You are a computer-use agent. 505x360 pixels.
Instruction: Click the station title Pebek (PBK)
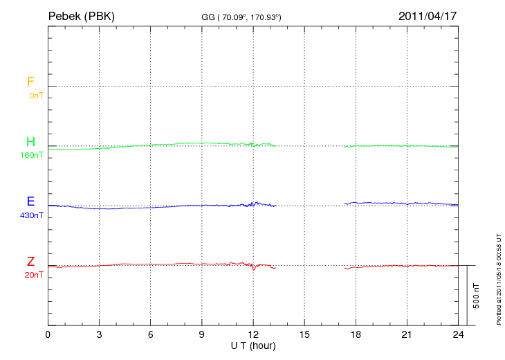pyautogui.click(x=81, y=16)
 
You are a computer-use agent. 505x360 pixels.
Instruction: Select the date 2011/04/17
pyautogui.click(x=428, y=16)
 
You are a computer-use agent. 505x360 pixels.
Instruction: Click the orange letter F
pyautogui.click(x=30, y=82)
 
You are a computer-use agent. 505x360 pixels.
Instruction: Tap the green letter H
pyautogui.click(x=30, y=142)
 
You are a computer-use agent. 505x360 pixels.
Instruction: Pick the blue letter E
pyautogui.click(x=30, y=201)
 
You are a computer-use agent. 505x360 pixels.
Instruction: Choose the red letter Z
pyautogui.click(x=30, y=262)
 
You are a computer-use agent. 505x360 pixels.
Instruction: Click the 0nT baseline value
pyautogui.click(x=35, y=96)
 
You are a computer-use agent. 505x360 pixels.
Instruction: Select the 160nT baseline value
pyautogui.click(x=32, y=155)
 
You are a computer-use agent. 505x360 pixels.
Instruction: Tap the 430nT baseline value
pyautogui.click(x=32, y=215)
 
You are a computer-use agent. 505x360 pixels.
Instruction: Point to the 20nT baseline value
pyautogui.click(x=34, y=275)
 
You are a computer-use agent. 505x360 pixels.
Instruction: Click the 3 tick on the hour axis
pyautogui.click(x=99, y=335)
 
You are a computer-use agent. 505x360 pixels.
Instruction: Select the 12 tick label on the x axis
pyautogui.click(x=253, y=335)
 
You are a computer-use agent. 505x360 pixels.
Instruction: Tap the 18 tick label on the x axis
pyautogui.click(x=356, y=335)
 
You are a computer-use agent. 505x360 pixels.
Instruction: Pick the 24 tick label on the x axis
pyautogui.click(x=458, y=335)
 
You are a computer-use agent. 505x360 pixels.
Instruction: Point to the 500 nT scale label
pyautogui.click(x=476, y=296)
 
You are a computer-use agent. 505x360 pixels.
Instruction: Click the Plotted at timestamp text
pyautogui.click(x=499, y=278)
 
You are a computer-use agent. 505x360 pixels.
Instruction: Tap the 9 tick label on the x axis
pyautogui.click(x=202, y=335)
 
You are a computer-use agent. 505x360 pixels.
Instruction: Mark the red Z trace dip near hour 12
pyautogui.click(x=254, y=269)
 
